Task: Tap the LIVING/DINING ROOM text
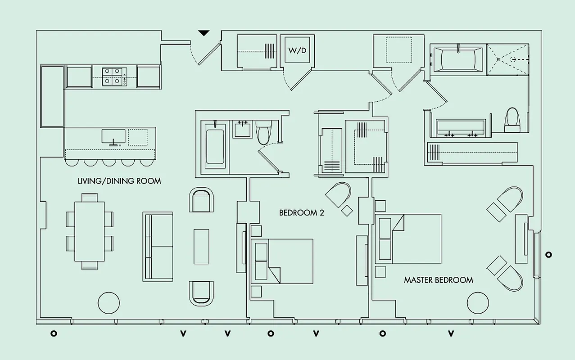pyautogui.click(x=119, y=181)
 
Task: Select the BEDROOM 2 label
pyautogui.click(x=301, y=213)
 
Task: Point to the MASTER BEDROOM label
pyautogui.click(x=438, y=280)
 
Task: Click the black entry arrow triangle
pyautogui.click(x=204, y=33)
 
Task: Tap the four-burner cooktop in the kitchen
pyautogui.click(x=113, y=76)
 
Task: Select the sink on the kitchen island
pyautogui.click(x=113, y=136)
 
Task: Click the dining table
pyautogui.click(x=89, y=231)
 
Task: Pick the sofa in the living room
pyautogui.click(x=158, y=247)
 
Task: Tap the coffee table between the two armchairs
pyautogui.click(x=201, y=247)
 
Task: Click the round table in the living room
pyautogui.click(x=109, y=303)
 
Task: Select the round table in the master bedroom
pyautogui.click(x=478, y=303)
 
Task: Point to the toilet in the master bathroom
pyautogui.click(x=512, y=120)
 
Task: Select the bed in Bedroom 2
pyautogui.click(x=282, y=261)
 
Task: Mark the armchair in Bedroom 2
pyautogui.click(x=339, y=194)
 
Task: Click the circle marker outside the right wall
pyautogui.click(x=548, y=255)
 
